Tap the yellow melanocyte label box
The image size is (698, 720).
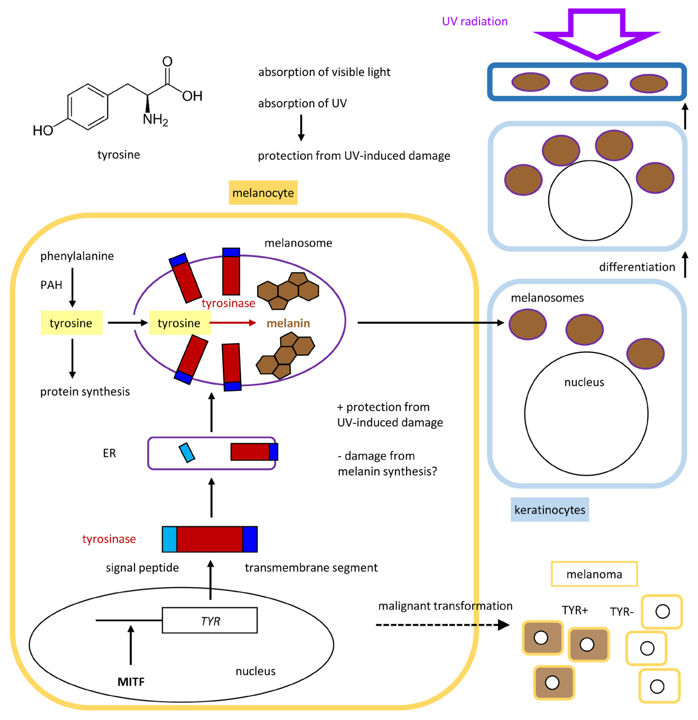[263, 192]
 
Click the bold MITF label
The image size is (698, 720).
[131, 682]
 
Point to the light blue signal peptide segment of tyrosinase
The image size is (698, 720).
[169, 539]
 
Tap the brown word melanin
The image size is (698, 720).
[288, 323]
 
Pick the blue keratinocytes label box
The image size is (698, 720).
[550, 510]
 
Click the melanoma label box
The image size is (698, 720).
[594, 574]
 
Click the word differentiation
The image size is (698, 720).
[637, 267]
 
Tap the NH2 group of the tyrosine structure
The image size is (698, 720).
[155, 119]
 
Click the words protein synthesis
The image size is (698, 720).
[85, 392]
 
